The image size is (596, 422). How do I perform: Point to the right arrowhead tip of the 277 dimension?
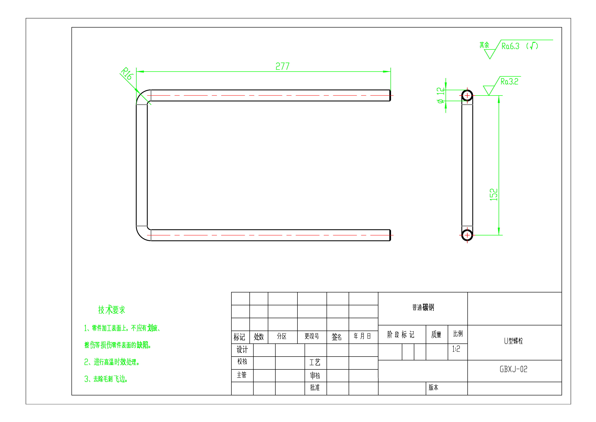click(391, 71)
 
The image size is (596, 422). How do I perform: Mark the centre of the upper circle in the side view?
click(467, 95)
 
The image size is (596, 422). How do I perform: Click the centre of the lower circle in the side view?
click(467, 235)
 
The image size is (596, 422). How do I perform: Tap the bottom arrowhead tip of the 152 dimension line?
click(499, 235)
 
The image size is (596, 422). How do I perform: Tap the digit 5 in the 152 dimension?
click(493, 195)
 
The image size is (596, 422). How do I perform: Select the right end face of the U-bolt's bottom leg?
click(390, 235)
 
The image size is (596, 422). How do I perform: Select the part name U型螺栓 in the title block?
click(513, 341)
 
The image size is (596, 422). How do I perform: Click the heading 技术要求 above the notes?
click(112, 310)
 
